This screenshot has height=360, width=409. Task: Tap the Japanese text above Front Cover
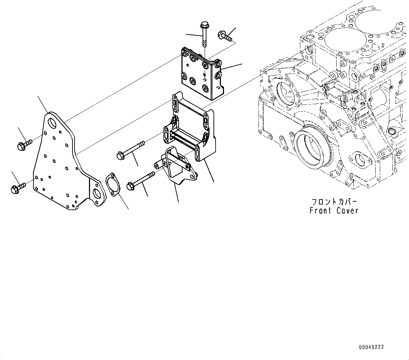[334, 202]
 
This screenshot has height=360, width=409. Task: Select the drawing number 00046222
[371, 347]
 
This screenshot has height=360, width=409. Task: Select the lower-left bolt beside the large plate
[18, 188]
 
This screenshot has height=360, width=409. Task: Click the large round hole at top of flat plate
[52, 123]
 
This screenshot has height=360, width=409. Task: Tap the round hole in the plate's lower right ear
[97, 194]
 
